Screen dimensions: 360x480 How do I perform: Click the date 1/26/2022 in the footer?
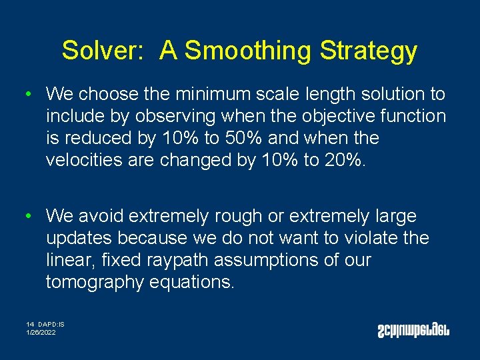point(41,332)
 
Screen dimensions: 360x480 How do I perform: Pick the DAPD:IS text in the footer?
point(51,325)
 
